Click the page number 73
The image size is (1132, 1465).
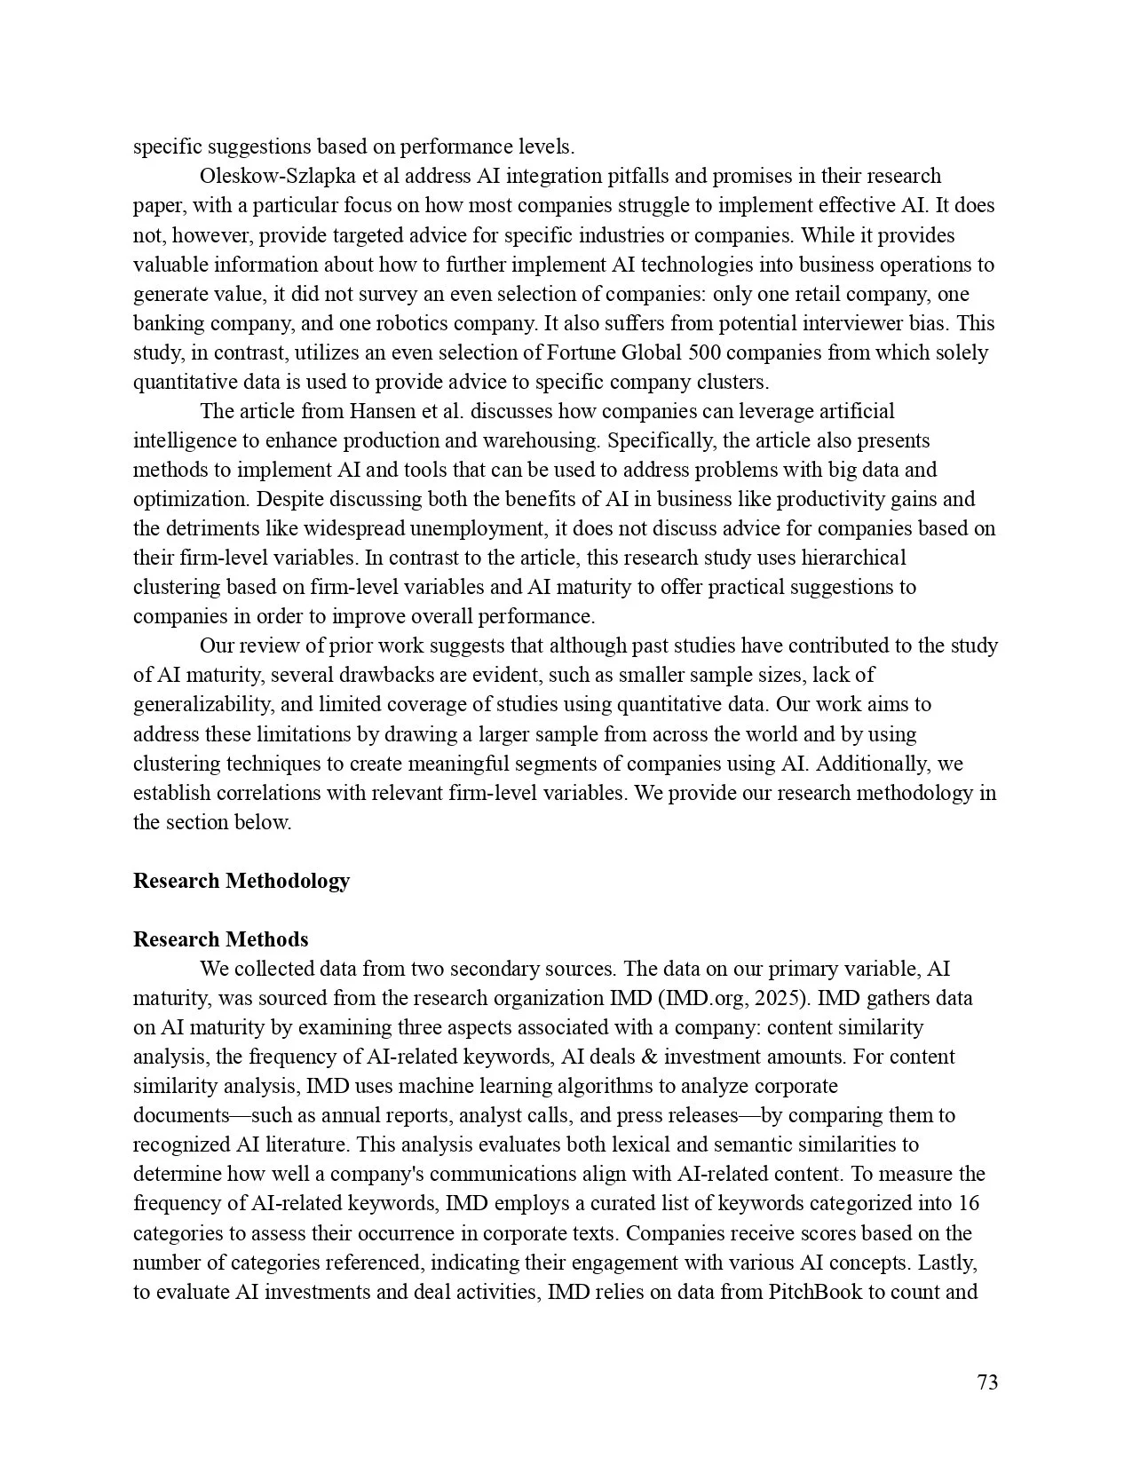(987, 1382)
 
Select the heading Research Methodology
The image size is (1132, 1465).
(241, 881)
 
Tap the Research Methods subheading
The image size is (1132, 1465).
(221, 939)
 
